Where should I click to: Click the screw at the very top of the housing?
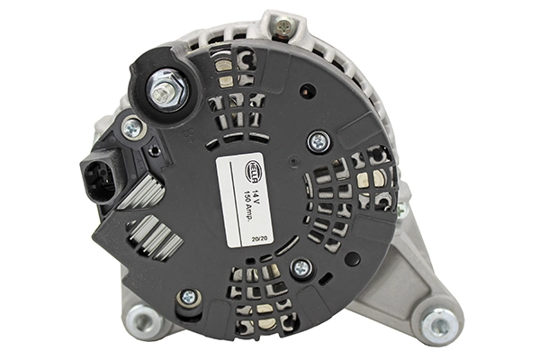pyautogui.click(x=284, y=26)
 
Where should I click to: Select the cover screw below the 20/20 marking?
pyautogui.click(x=301, y=267)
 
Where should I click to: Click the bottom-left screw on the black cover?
pyautogui.click(x=189, y=296)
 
